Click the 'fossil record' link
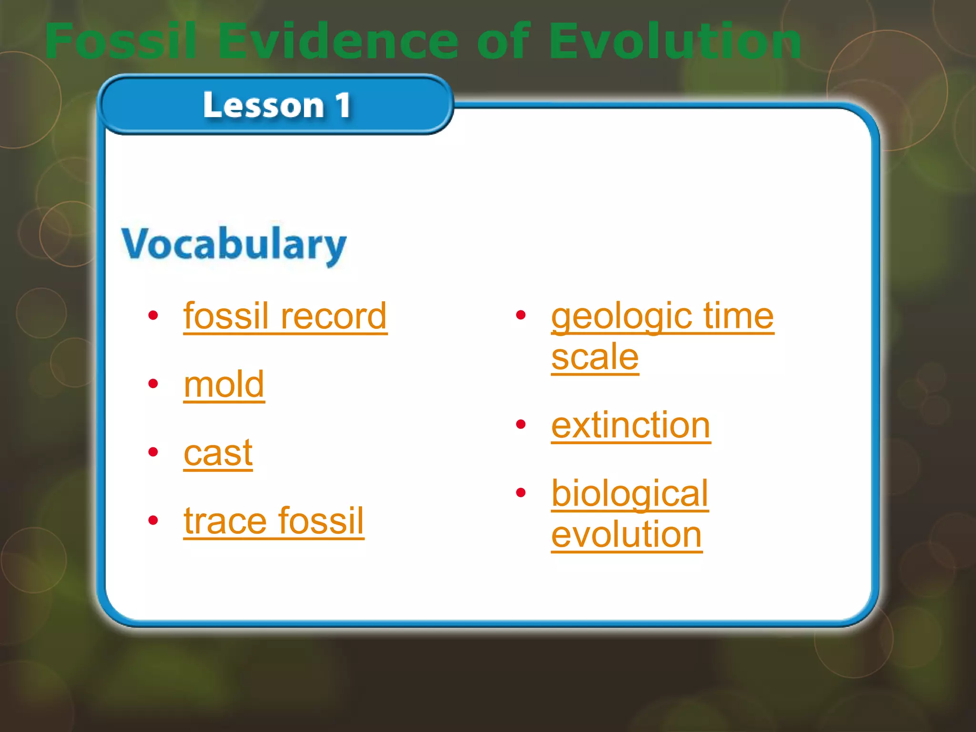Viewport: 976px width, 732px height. pos(285,316)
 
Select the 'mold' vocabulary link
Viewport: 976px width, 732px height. pos(224,385)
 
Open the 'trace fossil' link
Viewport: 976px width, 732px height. pos(274,521)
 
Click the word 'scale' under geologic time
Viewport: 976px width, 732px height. pos(595,357)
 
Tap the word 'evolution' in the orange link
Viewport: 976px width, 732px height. pos(627,534)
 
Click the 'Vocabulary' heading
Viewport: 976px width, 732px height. pos(234,244)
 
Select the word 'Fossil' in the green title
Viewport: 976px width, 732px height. pos(121,41)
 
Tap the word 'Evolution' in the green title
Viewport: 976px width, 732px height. pos(675,41)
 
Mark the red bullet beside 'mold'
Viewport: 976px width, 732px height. pos(153,384)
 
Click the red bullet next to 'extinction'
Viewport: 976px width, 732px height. pos(520,424)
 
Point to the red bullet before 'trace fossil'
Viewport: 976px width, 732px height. pos(153,520)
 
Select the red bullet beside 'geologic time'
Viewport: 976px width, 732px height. pos(520,315)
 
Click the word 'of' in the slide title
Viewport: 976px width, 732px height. pos(503,41)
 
